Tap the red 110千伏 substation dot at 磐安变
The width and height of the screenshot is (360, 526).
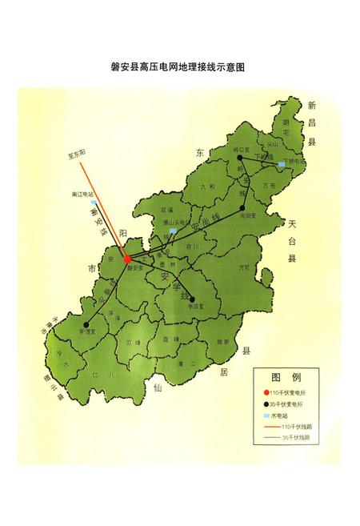(127, 259)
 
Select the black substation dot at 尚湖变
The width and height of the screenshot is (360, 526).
(241, 208)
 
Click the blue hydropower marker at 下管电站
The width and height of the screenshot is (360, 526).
(281, 165)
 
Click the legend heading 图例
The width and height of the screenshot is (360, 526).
(286, 376)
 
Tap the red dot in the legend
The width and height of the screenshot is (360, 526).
(266, 392)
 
